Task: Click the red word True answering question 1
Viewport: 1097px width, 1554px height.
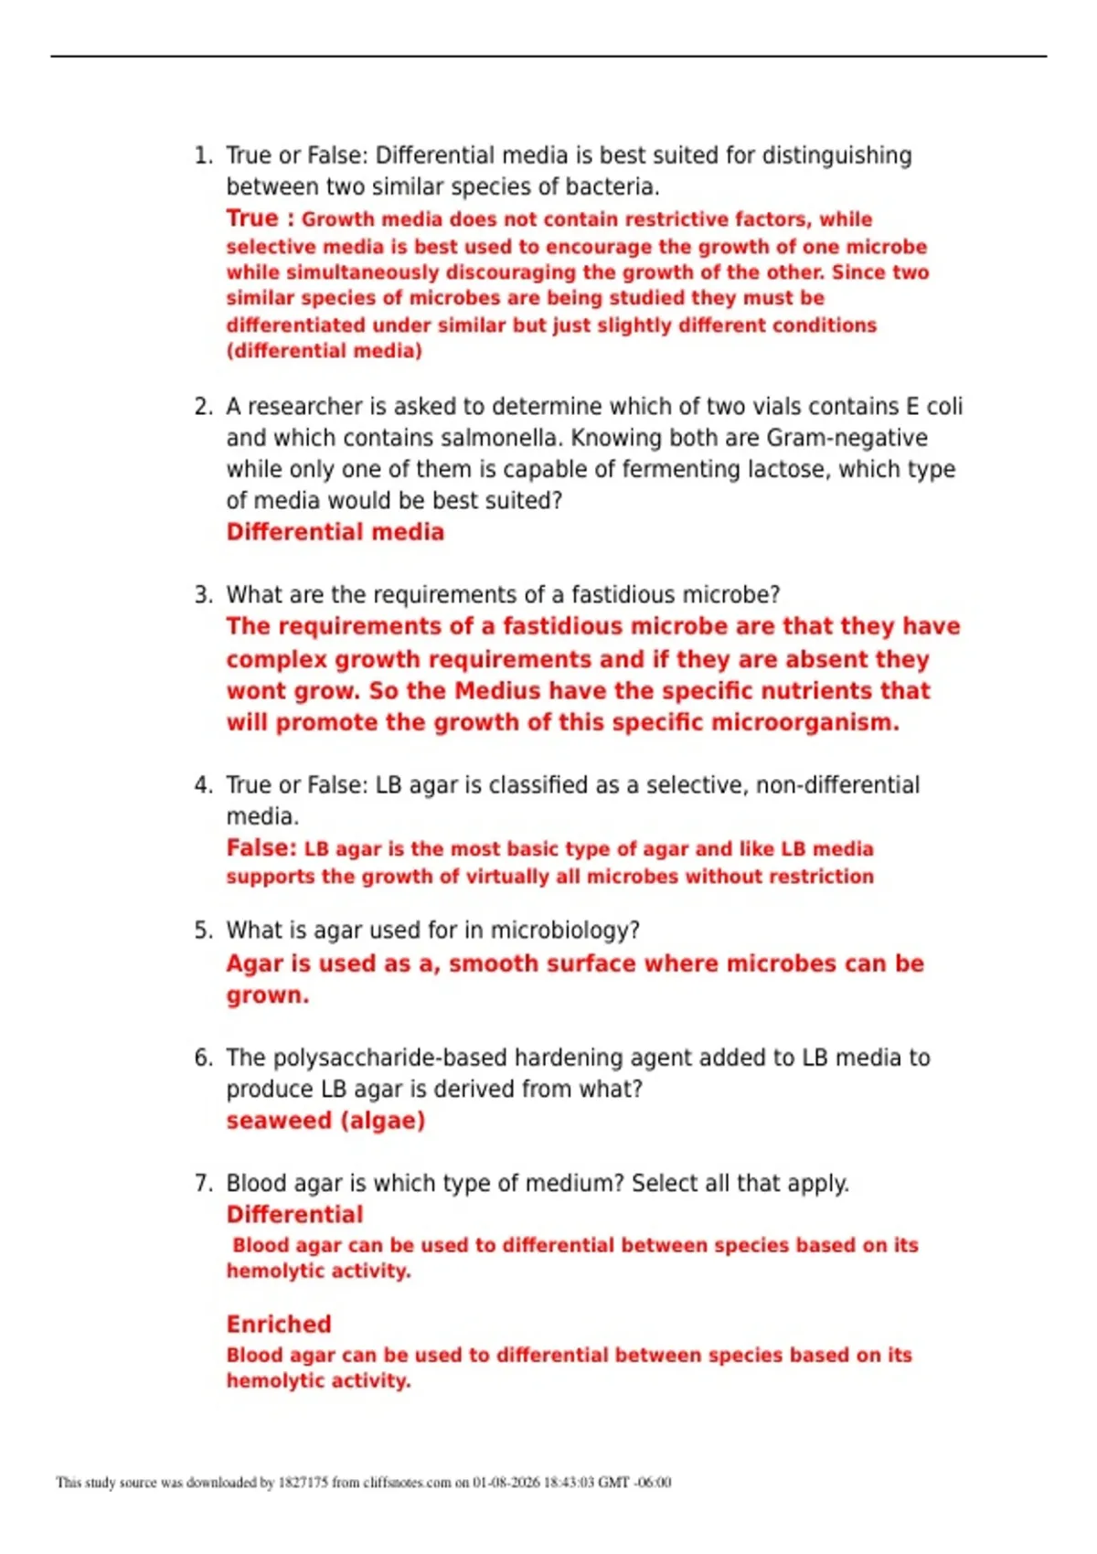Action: tap(251, 218)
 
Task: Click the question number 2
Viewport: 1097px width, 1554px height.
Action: tap(203, 407)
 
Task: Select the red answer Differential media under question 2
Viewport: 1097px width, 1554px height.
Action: tap(335, 532)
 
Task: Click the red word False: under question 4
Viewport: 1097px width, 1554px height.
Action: tap(261, 848)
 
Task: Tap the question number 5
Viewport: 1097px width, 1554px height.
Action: tap(203, 931)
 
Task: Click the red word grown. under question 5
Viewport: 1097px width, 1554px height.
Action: tap(267, 995)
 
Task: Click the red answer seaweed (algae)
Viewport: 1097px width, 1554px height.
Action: tap(325, 1121)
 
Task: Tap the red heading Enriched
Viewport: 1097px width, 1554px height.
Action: tap(279, 1325)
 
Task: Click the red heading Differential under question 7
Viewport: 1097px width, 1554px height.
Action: tap(294, 1215)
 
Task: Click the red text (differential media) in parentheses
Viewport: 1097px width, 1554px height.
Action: tap(324, 351)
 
